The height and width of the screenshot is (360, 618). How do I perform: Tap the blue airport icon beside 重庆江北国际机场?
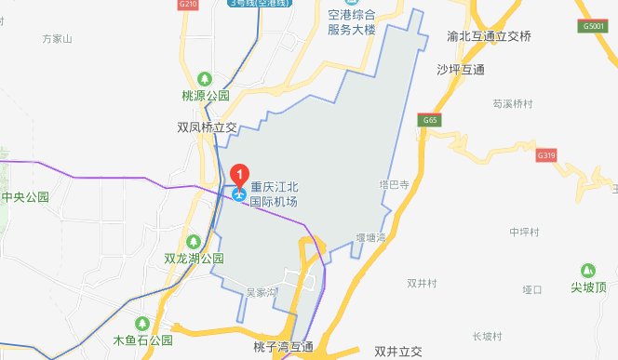point(240,194)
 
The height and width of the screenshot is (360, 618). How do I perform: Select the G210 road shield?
point(188,5)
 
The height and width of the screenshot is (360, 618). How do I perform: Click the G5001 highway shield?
point(594,27)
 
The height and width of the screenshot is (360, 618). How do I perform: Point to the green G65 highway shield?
point(429,121)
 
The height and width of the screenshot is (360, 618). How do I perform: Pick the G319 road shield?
point(547,156)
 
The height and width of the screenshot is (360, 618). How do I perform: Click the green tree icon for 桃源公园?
point(204,78)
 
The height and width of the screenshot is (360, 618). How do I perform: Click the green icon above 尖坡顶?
point(588,270)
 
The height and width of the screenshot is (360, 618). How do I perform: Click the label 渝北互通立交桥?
point(489,37)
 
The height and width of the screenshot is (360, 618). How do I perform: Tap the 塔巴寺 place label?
point(395,185)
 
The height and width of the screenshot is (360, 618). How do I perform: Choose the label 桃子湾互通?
point(283,347)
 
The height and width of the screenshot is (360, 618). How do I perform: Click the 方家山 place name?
point(58,39)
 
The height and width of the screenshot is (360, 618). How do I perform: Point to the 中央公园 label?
point(25,197)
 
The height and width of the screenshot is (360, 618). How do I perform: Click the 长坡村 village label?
point(487,336)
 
